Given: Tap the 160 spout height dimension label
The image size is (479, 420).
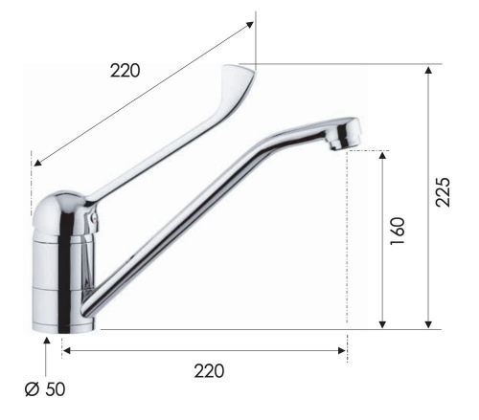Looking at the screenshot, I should (x=399, y=231).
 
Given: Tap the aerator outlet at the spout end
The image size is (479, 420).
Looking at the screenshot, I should (x=335, y=144).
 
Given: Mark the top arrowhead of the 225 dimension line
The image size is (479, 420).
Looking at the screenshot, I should (x=427, y=70).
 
